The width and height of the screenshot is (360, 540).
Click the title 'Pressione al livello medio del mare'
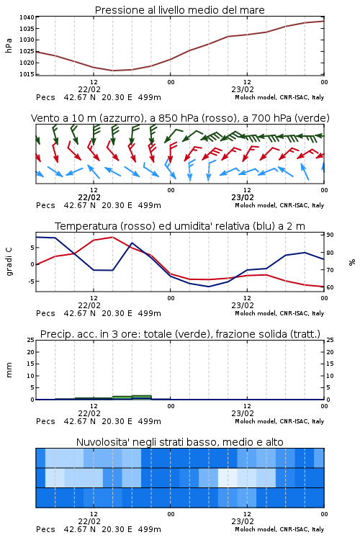coord(179,10)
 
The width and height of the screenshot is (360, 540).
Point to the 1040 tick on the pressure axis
coord(27,17)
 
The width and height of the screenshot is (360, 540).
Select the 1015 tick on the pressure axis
coord(27,74)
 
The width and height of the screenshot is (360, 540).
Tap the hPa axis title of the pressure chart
coord(9,45)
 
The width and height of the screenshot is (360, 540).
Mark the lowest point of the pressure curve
coord(113,71)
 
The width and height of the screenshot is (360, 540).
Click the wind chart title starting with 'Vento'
coord(180,118)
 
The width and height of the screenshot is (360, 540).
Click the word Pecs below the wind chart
coord(45,205)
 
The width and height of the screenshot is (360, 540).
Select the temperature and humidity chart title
coord(180,226)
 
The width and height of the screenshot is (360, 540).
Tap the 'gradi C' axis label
coord(9,261)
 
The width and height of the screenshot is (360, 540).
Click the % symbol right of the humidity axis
coord(352,262)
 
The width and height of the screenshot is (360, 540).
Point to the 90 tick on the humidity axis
coord(330,235)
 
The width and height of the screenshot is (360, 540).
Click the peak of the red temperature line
coord(112,237)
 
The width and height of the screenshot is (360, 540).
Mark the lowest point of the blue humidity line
coord(209,287)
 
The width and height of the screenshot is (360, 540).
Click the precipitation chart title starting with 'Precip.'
coord(180,334)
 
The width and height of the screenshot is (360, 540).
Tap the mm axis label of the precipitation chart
coord(9,370)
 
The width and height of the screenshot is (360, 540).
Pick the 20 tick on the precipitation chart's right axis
coord(330,352)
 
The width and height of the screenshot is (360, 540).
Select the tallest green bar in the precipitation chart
coord(142,397)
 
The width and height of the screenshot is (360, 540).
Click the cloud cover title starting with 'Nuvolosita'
coord(180,442)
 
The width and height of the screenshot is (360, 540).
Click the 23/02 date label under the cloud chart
coord(243,521)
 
